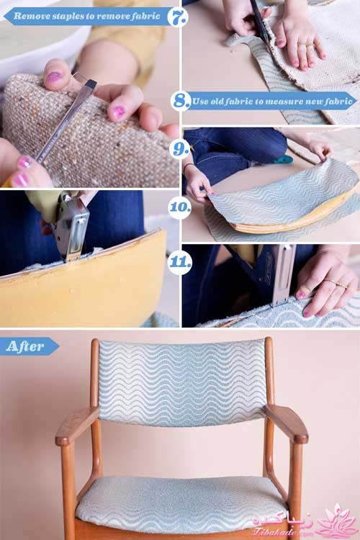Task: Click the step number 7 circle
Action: [178, 16]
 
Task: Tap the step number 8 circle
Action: [181, 101]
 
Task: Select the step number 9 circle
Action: [180, 149]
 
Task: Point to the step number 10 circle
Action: [180, 207]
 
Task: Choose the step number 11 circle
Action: [180, 262]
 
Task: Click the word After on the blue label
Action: [25, 346]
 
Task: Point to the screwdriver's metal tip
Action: [90, 84]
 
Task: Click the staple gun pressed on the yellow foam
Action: [71, 225]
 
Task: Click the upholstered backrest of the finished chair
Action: [182, 382]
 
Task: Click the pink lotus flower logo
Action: [336, 521]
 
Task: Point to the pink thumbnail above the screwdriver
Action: [55, 76]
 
